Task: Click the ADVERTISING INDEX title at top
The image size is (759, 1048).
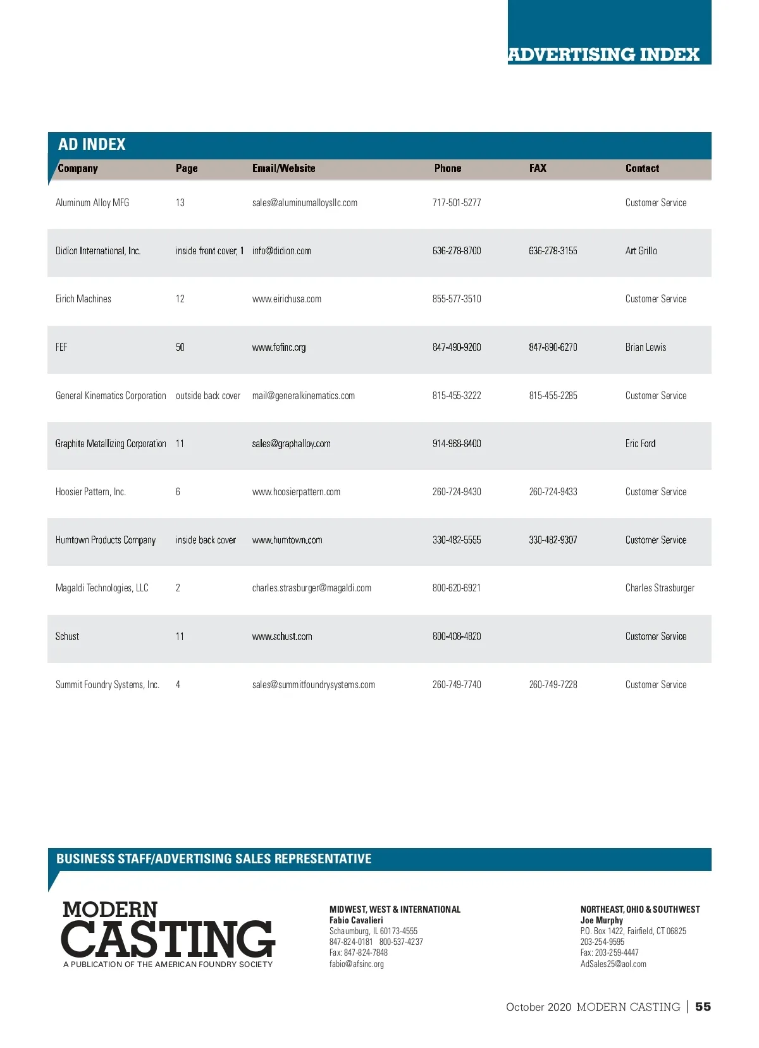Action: (x=603, y=54)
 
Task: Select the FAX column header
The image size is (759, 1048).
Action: (x=538, y=168)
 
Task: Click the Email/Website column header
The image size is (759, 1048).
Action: (x=283, y=168)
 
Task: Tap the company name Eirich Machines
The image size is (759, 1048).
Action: (x=83, y=299)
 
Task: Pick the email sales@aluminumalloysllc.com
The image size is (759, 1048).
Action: (x=305, y=203)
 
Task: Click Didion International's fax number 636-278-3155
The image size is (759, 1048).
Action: (x=553, y=251)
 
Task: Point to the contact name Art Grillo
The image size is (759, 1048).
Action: (x=641, y=251)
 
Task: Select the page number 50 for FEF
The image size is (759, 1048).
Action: (x=180, y=347)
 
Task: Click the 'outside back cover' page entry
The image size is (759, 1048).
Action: (x=208, y=396)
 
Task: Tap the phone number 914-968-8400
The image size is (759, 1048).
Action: (x=457, y=444)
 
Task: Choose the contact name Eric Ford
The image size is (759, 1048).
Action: (x=640, y=444)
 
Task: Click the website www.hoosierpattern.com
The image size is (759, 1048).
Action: (x=296, y=492)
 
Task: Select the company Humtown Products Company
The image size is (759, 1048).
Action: (x=106, y=540)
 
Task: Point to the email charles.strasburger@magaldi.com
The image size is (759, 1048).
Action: (x=312, y=588)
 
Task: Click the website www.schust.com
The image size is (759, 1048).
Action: (x=282, y=637)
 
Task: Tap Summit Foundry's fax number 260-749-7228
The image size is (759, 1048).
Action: (x=553, y=685)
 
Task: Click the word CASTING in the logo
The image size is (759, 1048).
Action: (x=168, y=939)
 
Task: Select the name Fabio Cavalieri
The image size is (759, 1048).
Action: (x=356, y=920)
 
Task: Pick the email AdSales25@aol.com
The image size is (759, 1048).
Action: (x=614, y=965)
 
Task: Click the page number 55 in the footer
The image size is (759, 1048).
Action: (x=703, y=1007)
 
